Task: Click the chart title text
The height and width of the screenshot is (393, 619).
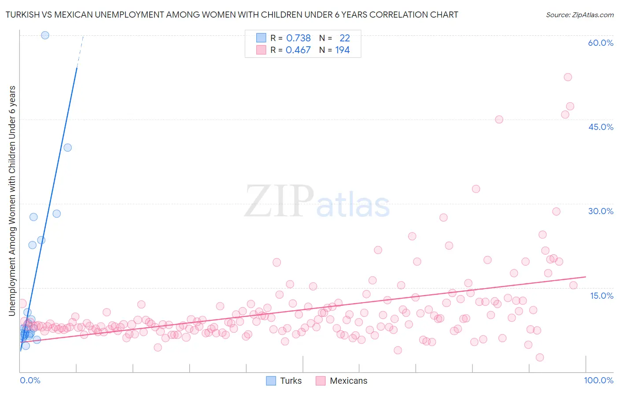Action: tap(232, 15)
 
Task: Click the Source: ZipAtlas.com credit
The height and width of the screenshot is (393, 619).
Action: tap(579, 15)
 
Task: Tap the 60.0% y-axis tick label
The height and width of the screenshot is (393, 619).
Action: tap(601, 43)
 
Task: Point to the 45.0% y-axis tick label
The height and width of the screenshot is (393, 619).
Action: tap(601, 127)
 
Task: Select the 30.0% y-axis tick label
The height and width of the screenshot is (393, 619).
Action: tap(601, 211)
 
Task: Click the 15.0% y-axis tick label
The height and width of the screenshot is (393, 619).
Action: tap(601, 296)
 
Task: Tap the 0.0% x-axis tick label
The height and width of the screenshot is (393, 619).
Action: tap(30, 381)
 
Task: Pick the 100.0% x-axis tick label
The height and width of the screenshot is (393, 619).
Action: tap(598, 381)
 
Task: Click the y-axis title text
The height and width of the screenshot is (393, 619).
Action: tap(12, 201)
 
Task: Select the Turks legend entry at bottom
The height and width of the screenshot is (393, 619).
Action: tap(284, 381)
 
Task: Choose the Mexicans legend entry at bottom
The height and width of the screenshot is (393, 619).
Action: tap(342, 381)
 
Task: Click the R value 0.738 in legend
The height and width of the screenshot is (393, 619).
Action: tap(298, 38)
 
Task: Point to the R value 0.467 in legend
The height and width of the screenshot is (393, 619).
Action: tap(298, 50)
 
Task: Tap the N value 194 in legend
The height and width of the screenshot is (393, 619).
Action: tap(343, 50)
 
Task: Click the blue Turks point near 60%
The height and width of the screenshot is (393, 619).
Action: tap(45, 35)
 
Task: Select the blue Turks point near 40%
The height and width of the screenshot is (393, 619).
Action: tap(67, 148)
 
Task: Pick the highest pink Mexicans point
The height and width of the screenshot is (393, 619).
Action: tap(568, 77)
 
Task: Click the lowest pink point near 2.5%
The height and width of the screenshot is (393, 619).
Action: tap(540, 357)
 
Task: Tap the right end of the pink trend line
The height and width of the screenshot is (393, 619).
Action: tap(586, 277)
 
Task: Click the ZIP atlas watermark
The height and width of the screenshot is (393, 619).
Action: tap(317, 202)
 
